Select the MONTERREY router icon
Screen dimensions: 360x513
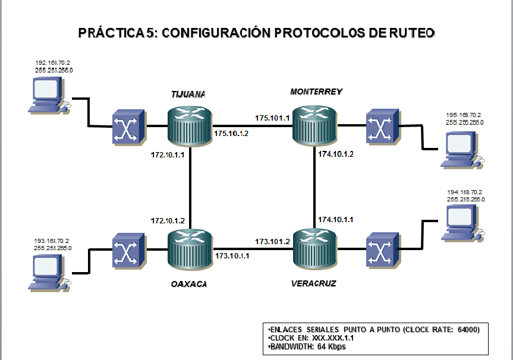tap(314, 125)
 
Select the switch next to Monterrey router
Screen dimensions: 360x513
tap(381, 126)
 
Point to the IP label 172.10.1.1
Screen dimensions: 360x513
tap(168, 154)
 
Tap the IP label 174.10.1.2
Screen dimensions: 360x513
tap(335, 154)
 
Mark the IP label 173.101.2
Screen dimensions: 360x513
tap(272, 241)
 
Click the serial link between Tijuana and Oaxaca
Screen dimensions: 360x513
tap(189, 187)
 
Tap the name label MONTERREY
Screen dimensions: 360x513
tap(316, 91)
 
